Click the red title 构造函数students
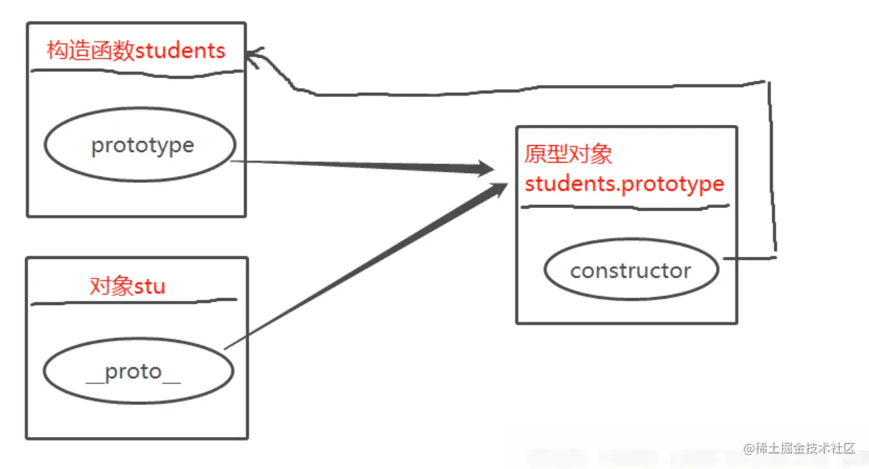tap(136, 51)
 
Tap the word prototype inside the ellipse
tap(143, 146)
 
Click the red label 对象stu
tap(127, 286)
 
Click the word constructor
tap(631, 271)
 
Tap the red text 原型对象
tap(568, 154)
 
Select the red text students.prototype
tap(624, 184)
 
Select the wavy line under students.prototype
tap(625, 207)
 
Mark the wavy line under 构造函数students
tap(136, 70)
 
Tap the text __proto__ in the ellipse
tap(133, 372)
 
